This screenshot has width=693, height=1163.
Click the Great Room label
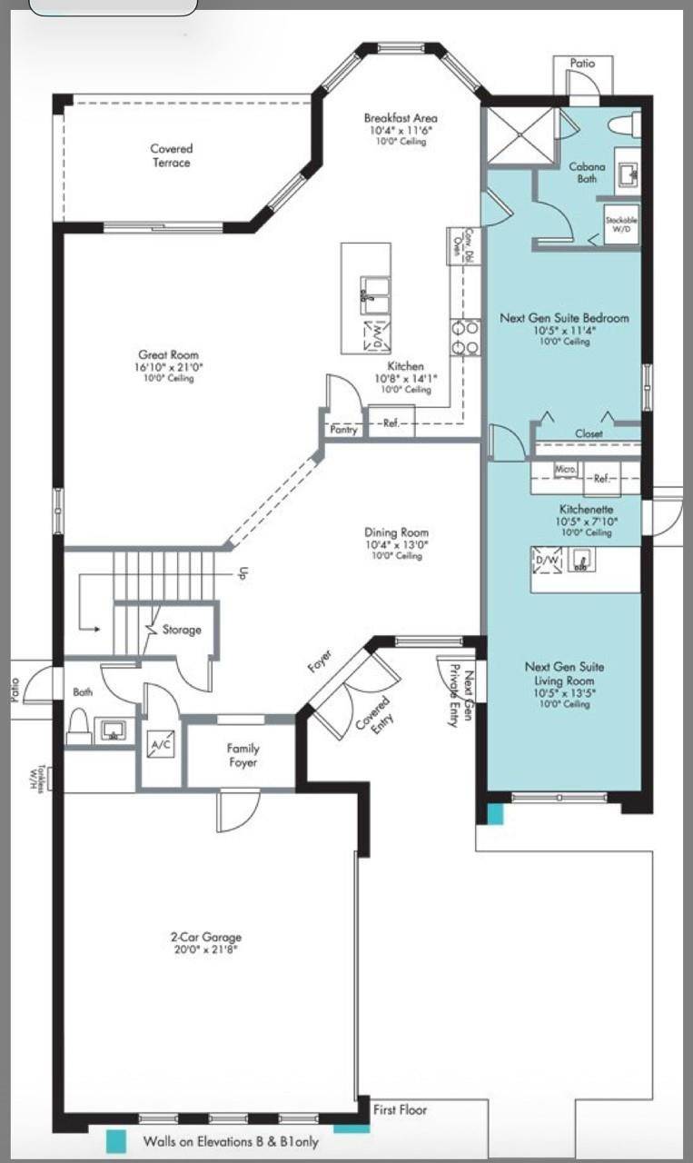pyautogui.click(x=168, y=355)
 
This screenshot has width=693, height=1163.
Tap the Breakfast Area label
pyautogui.click(x=401, y=119)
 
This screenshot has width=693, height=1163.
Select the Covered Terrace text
pyautogui.click(x=171, y=155)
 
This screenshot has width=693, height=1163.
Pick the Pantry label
pyautogui.click(x=343, y=430)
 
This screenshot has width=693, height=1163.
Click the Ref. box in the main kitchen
pyautogui.click(x=391, y=422)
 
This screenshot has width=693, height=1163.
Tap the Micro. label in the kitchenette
pyautogui.click(x=565, y=469)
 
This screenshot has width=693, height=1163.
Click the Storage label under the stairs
pyautogui.click(x=181, y=630)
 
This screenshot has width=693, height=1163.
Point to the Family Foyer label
pyautogui.click(x=243, y=756)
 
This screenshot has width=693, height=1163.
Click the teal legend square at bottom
pyautogui.click(x=115, y=1141)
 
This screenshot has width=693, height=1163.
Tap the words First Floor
pyautogui.click(x=400, y=1109)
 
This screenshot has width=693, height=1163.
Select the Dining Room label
pyautogui.click(x=396, y=532)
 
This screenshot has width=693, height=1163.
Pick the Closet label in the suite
pyautogui.click(x=589, y=434)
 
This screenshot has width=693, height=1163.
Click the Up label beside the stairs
pyautogui.click(x=243, y=574)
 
